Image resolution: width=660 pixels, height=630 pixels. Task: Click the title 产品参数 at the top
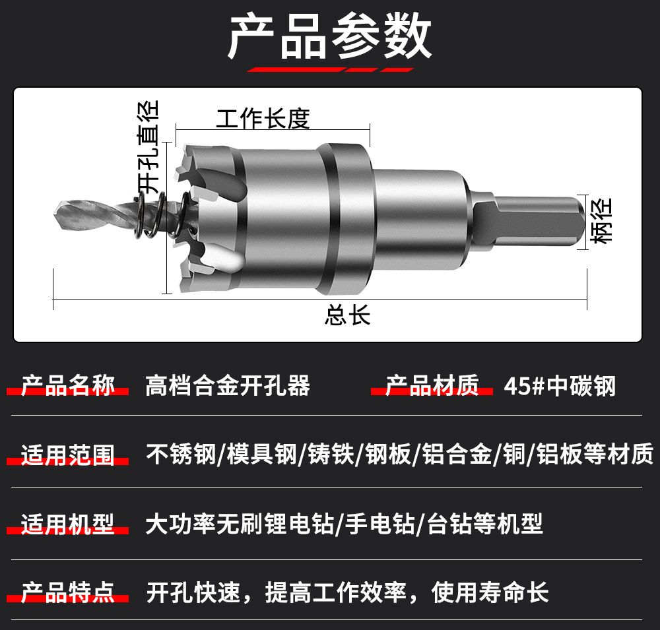click(x=329, y=36)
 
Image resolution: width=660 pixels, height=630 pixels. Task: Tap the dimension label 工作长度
click(x=263, y=118)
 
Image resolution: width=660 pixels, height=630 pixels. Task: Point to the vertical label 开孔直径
click(x=148, y=147)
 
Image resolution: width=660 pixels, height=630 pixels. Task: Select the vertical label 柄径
click(x=601, y=221)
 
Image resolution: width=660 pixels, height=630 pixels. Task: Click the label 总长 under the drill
click(x=347, y=315)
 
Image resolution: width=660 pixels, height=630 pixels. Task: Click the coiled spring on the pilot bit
click(x=162, y=214)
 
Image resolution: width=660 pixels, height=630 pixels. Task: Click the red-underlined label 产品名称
click(x=68, y=385)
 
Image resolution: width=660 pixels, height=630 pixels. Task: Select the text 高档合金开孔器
click(x=228, y=385)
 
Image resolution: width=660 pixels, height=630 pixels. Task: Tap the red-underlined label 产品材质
click(x=432, y=385)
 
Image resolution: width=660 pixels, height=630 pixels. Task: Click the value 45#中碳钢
click(x=560, y=386)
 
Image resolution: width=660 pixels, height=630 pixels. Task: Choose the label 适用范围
click(x=68, y=455)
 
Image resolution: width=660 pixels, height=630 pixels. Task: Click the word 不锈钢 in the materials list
click(x=181, y=455)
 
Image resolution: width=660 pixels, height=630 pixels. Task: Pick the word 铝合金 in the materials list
click(x=457, y=455)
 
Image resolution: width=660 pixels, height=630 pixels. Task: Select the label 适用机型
click(x=68, y=524)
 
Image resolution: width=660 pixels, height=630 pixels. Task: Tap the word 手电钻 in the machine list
click(x=380, y=524)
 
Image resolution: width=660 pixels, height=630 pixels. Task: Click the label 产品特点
click(x=68, y=592)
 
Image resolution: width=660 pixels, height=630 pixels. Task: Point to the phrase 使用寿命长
click(x=490, y=592)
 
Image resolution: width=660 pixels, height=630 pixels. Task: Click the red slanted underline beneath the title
click(x=331, y=70)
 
